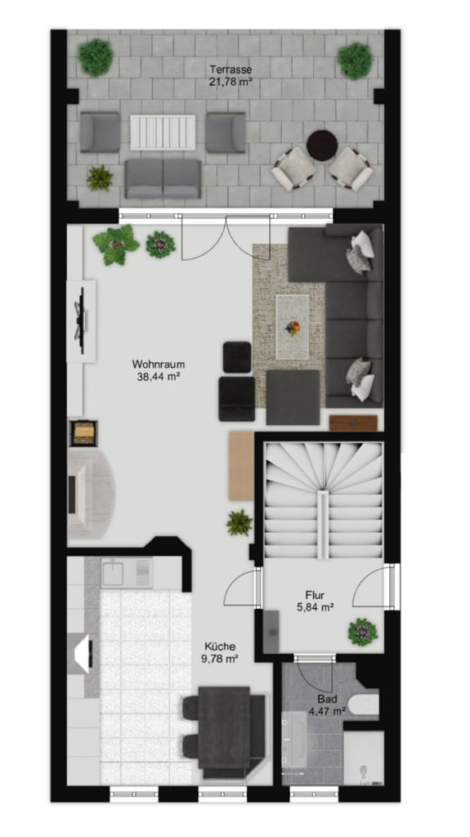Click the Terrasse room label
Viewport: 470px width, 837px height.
231,69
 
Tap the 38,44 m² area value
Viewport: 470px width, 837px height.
159,376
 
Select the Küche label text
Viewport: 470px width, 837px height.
220,647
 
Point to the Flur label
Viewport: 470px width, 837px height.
316,595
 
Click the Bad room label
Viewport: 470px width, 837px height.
326,699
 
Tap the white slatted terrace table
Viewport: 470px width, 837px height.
163,132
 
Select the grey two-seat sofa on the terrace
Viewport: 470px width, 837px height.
163,179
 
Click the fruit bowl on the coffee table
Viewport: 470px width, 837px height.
292,328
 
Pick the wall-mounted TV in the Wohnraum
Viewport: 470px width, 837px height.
82,320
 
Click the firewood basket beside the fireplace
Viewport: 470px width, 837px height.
84,433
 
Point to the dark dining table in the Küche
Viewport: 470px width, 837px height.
224,727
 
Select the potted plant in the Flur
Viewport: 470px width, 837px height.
363,632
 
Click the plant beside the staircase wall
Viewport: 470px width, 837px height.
239,522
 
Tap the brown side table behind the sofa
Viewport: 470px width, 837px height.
353,423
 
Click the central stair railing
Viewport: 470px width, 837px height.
323,525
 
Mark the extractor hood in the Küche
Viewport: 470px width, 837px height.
84,654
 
